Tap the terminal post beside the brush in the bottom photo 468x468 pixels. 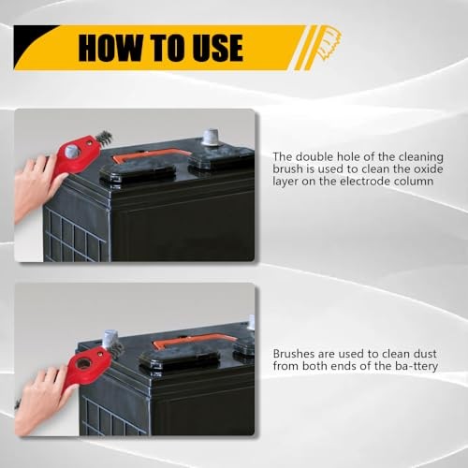(113, 337)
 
